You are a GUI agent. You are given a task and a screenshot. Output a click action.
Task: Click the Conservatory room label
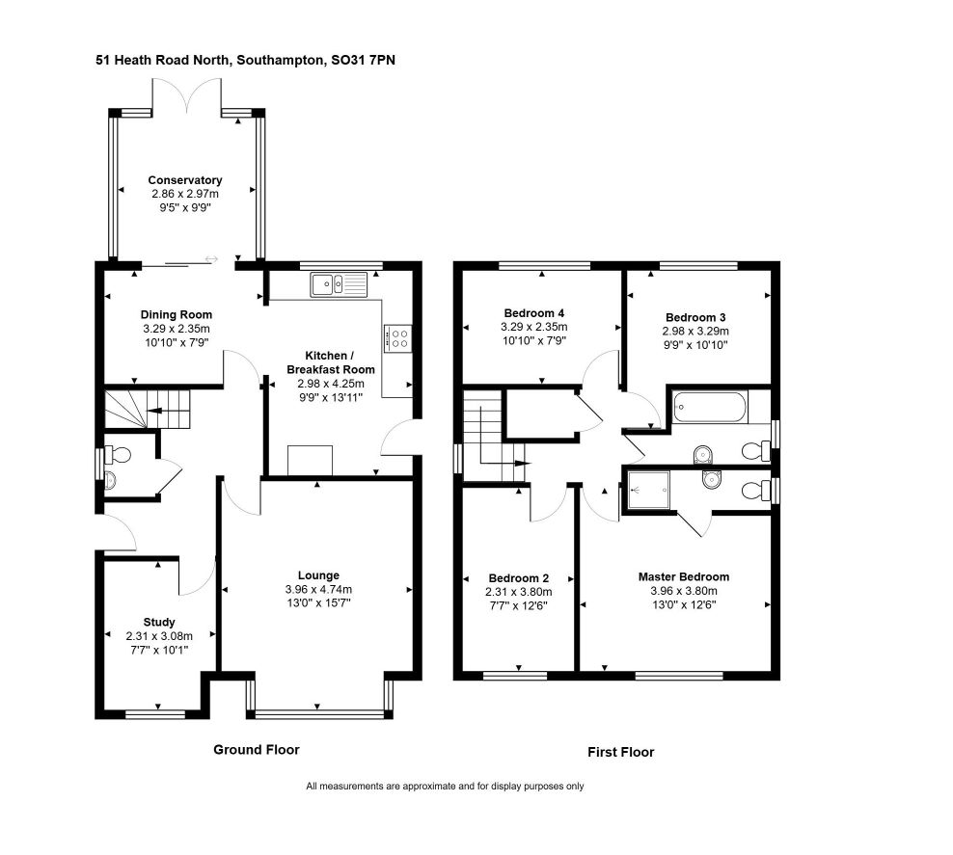click(185, 180)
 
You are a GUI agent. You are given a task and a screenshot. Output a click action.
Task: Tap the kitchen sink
click(340, 284)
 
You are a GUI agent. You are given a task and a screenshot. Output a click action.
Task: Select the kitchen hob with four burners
click(398, 338)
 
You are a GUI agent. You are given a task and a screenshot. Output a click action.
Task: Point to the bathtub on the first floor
click(710, 407)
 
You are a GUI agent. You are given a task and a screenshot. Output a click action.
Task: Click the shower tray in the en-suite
click(648, 491)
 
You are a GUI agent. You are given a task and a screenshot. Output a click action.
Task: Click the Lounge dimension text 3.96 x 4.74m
click(318, 589)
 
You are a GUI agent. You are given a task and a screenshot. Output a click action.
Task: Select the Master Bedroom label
click(684, 576)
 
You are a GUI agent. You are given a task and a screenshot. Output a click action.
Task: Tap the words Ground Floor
click(257, 750)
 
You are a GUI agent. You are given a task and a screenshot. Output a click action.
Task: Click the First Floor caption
click(620, 753)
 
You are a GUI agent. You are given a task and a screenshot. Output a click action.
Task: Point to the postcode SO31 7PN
click(363, 60)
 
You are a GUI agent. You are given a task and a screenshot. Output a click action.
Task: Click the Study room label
click(159, 623)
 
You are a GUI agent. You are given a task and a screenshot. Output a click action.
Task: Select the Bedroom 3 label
click(695, 317)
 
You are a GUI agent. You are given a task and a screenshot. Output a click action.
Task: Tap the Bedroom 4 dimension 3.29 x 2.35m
click(534, 327)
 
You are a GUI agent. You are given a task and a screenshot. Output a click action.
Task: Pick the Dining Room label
click(177, 314)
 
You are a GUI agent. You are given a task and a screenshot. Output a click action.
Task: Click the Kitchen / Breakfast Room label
click(331, 362)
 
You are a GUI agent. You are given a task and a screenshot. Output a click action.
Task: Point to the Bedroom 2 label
click(518, 578)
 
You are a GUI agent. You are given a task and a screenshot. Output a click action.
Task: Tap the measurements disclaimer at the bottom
click(445, 787)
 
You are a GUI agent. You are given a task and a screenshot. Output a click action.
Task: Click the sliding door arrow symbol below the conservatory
click(211, 260)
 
